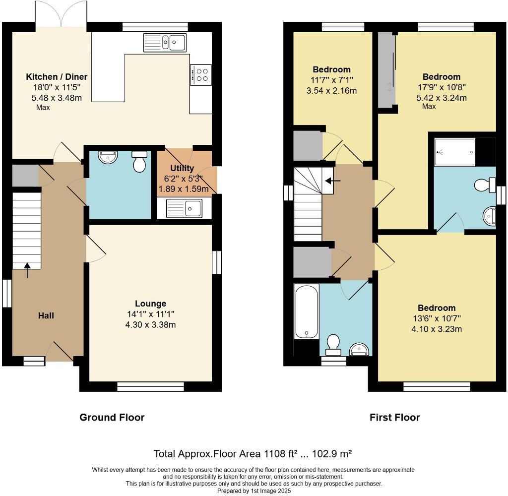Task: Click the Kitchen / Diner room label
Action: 57,77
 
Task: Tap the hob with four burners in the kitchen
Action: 201,74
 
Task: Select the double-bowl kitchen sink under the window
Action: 165,42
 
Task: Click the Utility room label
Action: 182,168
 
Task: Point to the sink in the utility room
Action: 184,208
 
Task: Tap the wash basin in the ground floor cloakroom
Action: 108,157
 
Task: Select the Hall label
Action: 46,315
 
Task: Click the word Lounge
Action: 150,304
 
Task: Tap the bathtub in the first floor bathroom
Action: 306,311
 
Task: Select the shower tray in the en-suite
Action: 454,152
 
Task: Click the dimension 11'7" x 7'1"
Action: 332,80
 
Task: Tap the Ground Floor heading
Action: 112,418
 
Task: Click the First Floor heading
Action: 394,418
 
